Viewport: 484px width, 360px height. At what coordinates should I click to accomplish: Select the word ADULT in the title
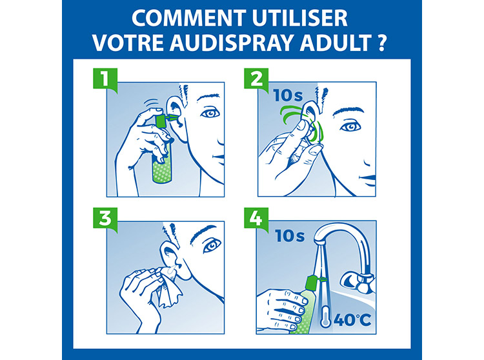click(x=336, y=43)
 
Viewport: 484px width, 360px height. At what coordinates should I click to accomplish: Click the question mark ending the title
click(x=381, y=43)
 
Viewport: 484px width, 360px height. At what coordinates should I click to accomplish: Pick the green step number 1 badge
click(x=105, y=79)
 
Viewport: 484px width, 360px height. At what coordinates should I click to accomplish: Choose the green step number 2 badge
click(x=256, y=79)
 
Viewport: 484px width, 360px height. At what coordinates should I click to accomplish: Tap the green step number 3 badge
click(x=105, y=219)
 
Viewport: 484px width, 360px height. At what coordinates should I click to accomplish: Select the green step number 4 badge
click(x=256, y=219)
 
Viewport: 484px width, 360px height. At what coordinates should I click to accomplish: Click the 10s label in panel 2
click(x=288, y=95)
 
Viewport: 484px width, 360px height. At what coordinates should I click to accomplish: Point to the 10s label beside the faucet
click(x=290, y=235)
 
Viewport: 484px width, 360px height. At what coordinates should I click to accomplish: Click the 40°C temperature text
click(x=352, y=320)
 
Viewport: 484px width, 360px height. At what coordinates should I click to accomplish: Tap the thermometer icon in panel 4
click(x=325, y=317)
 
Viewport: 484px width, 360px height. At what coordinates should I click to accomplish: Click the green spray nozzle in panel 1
click(x=165, y=119)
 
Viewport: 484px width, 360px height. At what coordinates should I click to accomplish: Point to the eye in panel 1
click(x=210, y=113)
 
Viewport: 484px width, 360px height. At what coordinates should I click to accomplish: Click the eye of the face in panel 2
click(x=350, y=127)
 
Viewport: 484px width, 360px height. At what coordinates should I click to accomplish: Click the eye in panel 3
click(x=212, y=245)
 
